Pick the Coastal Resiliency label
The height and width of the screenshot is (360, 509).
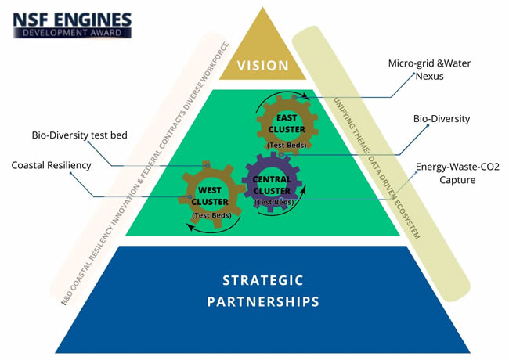[x=52, y=165]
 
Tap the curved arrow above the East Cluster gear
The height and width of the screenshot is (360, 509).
[x=285, y=96]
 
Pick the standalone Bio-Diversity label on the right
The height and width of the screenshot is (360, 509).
[x=441, y=119]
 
